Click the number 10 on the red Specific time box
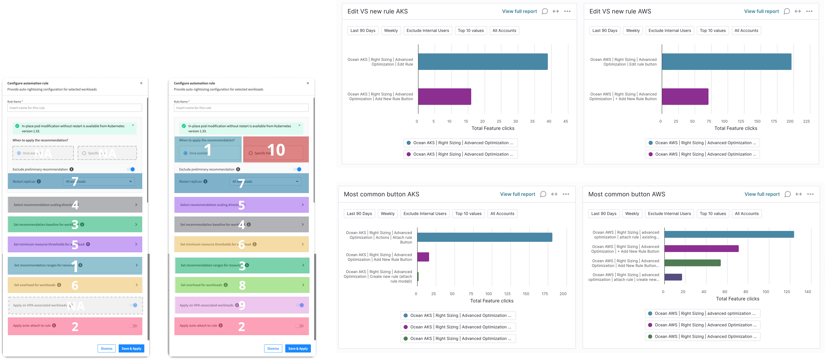[x=276, y=150]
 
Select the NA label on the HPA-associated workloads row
[x=76, y=306]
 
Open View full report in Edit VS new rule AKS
[x=519, y=11]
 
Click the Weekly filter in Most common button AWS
[x=632, y=214]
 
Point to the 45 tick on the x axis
[x=566, y=121]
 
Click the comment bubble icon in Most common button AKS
[x=543, y=194]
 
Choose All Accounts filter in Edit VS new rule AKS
[x=504, y=30]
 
